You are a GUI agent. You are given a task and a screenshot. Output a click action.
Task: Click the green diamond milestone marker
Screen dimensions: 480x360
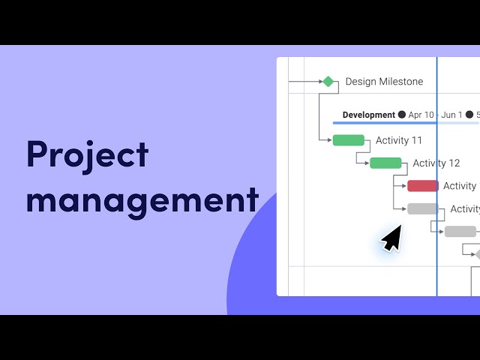(x=328, y=82)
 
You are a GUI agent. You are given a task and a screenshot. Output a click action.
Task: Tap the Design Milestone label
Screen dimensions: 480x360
(x=384, y=82)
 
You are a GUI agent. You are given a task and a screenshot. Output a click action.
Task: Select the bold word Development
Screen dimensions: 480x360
(x=369, y=115)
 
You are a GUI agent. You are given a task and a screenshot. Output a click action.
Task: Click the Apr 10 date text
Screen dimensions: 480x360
(x=421, y=115)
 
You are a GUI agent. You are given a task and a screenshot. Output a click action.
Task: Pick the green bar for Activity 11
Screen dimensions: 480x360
(x=349, y=140)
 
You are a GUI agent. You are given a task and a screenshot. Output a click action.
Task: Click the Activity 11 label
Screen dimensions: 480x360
(x=399, y=140)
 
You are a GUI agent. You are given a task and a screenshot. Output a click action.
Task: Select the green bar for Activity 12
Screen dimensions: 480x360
(x=385, y=163)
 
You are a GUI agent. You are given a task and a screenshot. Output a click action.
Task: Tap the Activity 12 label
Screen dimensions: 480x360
(x=436, y=163)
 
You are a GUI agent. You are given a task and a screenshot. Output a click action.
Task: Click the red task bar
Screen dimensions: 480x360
(x=423, y=186)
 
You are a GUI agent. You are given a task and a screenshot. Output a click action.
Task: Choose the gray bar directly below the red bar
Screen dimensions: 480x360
(x=423, y=208)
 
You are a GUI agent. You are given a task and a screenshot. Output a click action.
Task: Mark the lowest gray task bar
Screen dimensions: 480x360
(x=460, y=232)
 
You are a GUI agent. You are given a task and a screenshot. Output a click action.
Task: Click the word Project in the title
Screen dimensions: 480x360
(x=88, y=155)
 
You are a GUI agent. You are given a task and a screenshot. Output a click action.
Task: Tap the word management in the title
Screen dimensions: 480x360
(x=142, y=202)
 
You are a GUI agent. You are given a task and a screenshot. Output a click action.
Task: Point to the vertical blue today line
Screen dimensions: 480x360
(x=436, y=177)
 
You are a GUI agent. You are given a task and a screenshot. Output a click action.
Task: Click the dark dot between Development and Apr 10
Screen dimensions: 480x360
(x=402, y=115)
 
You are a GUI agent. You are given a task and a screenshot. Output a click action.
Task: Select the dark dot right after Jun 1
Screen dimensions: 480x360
(x=469, y=115)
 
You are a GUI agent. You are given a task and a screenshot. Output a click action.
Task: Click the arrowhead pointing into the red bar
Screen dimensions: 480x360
(x=404, y=186)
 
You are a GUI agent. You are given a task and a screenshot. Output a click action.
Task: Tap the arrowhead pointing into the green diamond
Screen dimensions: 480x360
(x=321, y=82)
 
